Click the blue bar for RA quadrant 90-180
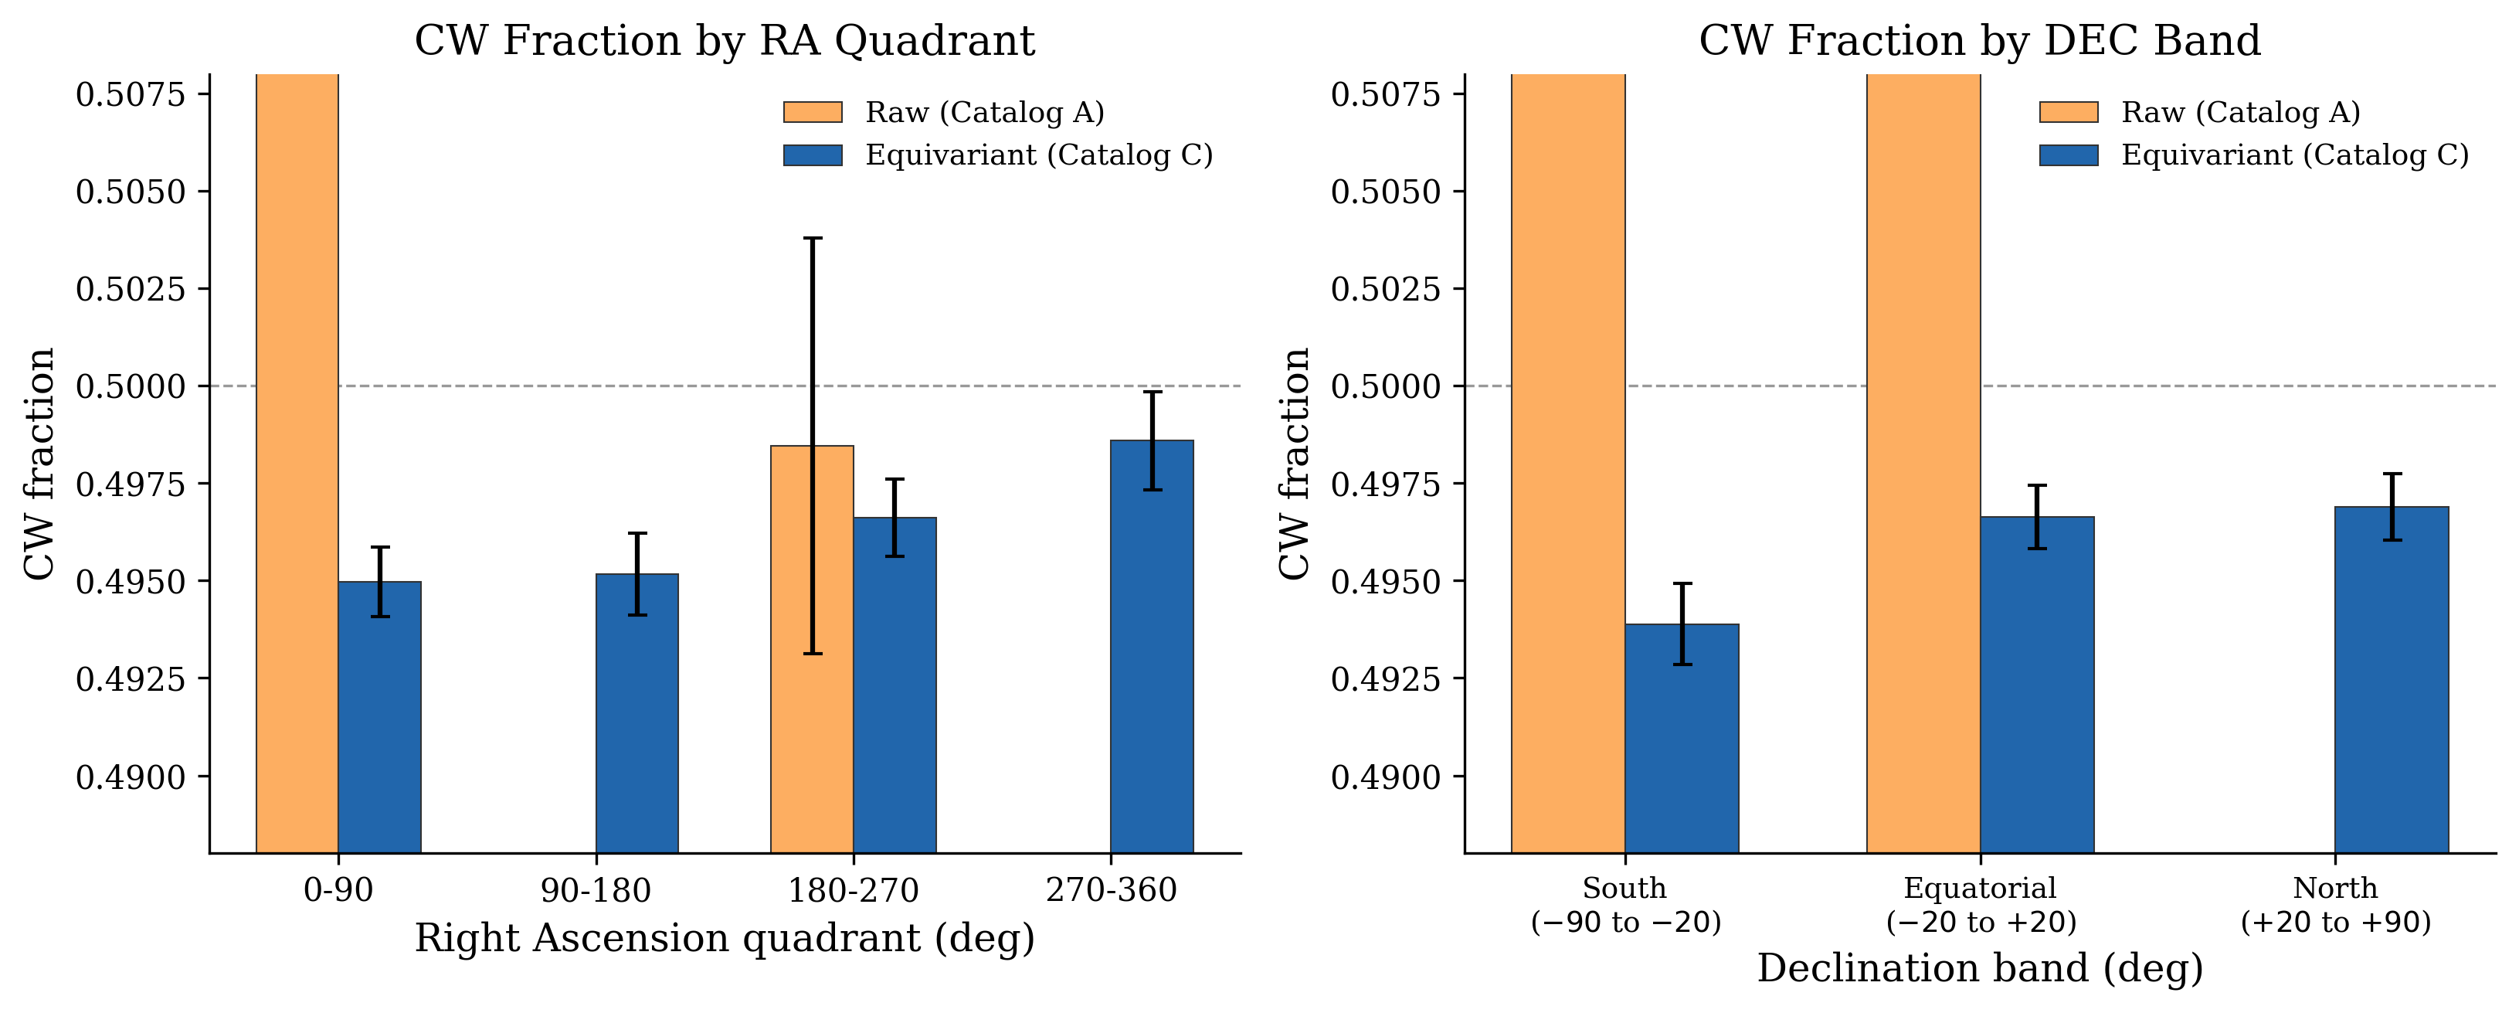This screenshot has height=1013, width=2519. click(x=637, y=714)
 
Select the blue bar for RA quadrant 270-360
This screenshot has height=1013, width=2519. click(x=1151, y=645)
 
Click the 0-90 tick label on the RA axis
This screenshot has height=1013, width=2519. click(x=338, y=890)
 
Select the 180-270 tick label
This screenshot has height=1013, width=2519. click(x=854, y=890)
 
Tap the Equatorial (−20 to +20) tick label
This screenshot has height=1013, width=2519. click(x=1980, y=905)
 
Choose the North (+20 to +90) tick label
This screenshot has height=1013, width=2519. click(x=2335, y=905)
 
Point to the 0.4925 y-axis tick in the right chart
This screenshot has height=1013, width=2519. click(x=1385, y=678)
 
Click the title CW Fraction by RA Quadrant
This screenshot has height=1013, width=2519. click(x=725, y=41)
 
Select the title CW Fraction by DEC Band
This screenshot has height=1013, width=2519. click(x=1979, y=41)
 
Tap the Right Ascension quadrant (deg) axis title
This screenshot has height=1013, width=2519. click(x=725, y=938)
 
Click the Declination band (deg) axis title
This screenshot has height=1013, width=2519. click(x=1979, y=968)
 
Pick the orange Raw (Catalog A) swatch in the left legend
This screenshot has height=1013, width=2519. click(x=813, y=113)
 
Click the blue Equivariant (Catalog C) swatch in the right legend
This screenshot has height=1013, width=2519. click(x=2068, y=155)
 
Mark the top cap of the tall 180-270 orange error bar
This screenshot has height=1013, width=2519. click(x=813, y=238)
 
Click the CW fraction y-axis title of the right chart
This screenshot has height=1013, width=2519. click(x=1295, y=464)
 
